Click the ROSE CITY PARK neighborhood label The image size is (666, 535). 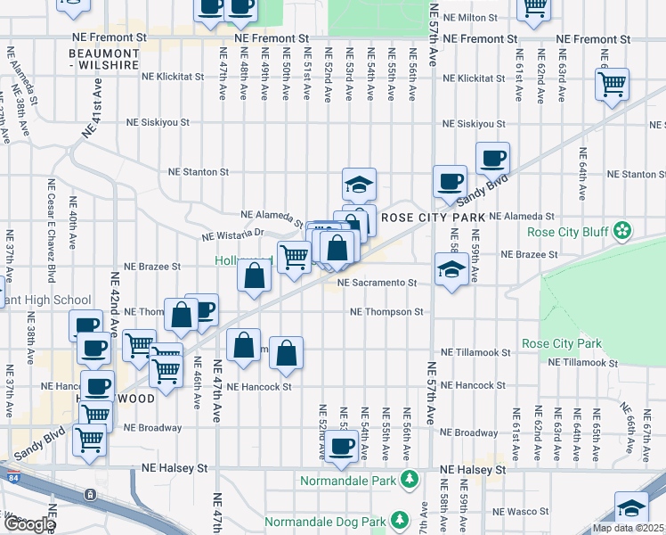click(433, 218)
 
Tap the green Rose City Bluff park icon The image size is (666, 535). click(623, 232)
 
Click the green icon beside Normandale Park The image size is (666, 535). click(409, 480)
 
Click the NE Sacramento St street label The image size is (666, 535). click(378, 283)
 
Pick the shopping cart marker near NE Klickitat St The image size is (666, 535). click(612, 85)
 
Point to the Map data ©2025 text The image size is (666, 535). click(629, 528)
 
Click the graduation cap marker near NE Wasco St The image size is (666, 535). click(631, 509)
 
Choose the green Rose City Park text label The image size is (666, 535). click(561, 343)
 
